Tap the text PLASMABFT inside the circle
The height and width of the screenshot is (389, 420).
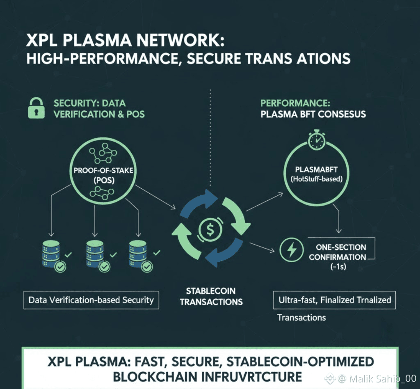(x=316, y=169)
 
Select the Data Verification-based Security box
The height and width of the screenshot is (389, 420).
(x=91, y=300)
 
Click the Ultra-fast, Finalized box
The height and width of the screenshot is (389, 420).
(x=335, y=300)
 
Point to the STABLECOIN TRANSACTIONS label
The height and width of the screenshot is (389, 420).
(x=211, y=296)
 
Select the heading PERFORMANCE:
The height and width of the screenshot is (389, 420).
(x=295, y=103)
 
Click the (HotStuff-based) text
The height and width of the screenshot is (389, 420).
(x=316, y=179)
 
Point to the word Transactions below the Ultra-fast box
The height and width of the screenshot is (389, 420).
(x=301, y=317)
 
